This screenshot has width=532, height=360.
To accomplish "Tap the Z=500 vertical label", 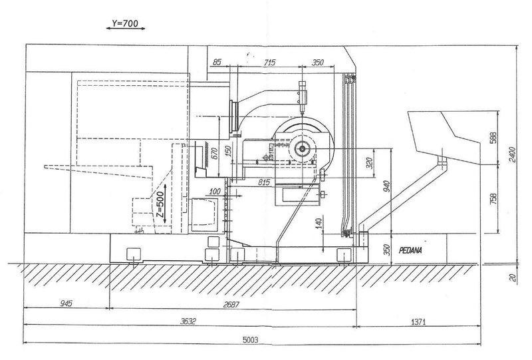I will tap(160, 206).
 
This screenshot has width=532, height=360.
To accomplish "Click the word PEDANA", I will tap(414, 252).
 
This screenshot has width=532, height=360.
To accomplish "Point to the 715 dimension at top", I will tap(270, 62).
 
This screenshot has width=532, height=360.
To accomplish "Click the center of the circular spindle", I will tap(303, 149).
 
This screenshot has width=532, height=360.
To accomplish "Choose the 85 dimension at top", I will tap(216, 62).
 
